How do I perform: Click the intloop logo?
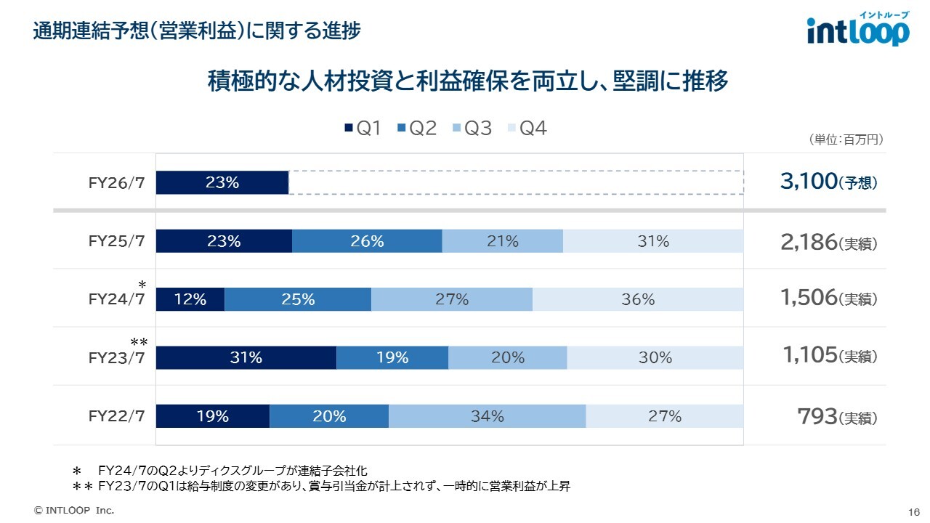[x=857, y=31]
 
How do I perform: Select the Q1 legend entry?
[x=363, y=129]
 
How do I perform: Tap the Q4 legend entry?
[x=527, y=129]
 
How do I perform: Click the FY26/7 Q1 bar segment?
[x=222, y=183]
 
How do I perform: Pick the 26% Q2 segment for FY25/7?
[x=367, y=241]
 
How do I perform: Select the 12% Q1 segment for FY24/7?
[x=190, y=299]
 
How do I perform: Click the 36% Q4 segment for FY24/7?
[x=638, y=299]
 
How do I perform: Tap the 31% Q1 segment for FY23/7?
[x=246, y=357]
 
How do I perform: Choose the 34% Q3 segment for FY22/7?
[x=487, y=416]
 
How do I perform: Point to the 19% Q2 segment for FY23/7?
[x=392, y=357]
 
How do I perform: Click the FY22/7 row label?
[x=117, y=416]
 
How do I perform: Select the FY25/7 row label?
[x=117, y=241]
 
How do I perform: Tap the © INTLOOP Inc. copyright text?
[x=75, y=510]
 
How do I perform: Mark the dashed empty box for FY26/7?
[x=516, y=182]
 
